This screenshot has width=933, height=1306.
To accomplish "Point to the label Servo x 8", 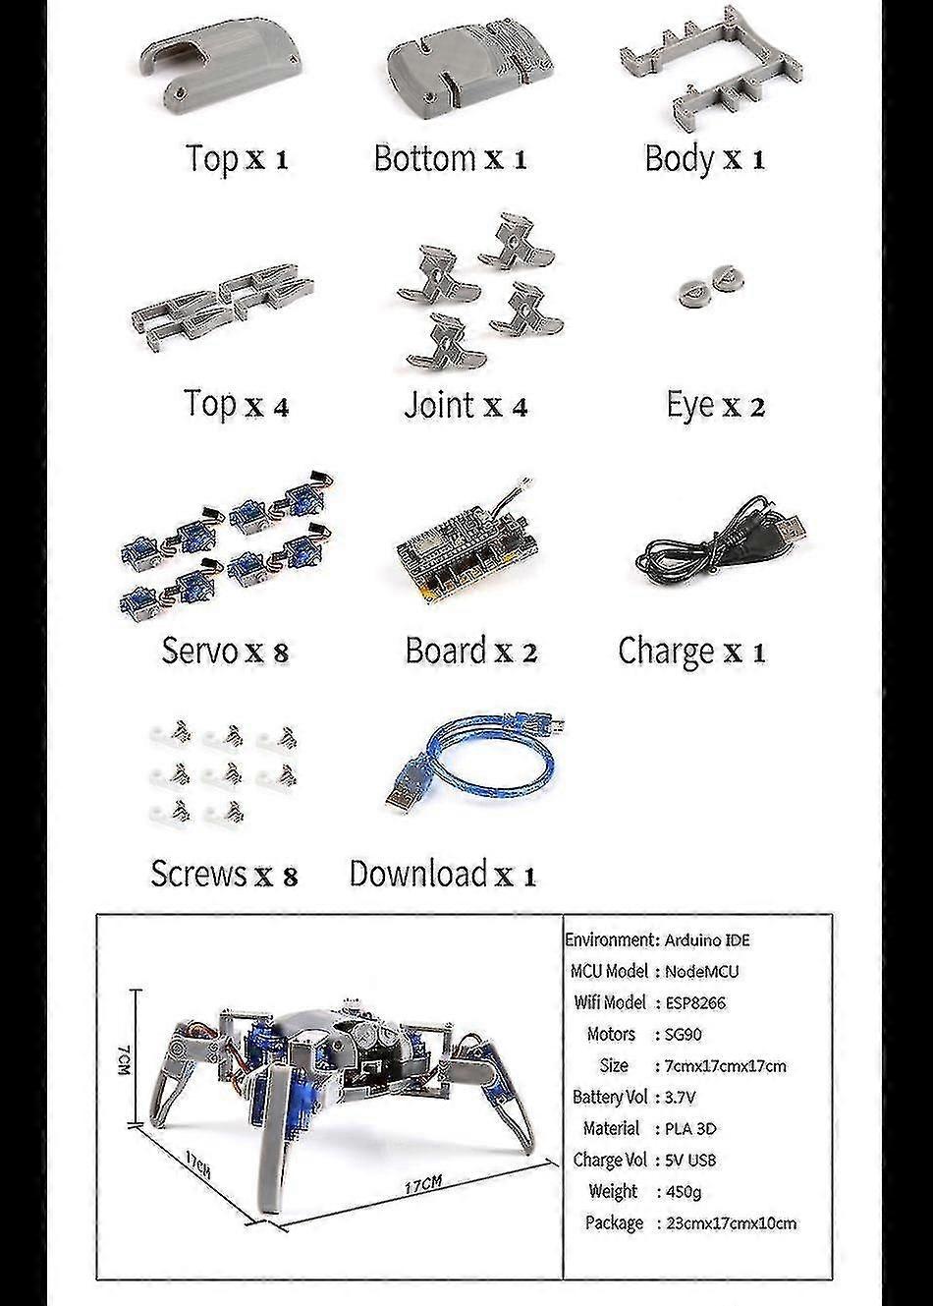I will (225, 651).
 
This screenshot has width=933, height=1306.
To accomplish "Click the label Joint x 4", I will (466, 405).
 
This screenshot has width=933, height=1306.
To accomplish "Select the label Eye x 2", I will (715, 405).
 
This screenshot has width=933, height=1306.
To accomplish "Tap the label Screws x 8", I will (223, 874).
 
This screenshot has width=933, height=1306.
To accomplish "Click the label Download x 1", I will (443, 874).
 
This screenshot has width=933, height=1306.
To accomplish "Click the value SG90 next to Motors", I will (685, 1034).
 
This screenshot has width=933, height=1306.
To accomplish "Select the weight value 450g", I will (683, 1191).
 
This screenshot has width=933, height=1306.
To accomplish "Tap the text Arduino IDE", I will (707, 939).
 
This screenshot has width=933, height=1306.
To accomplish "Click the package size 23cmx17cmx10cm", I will (731, 1223).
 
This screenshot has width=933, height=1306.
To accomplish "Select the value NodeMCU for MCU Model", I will (701, 971).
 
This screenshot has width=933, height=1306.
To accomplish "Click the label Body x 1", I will (704, 158).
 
